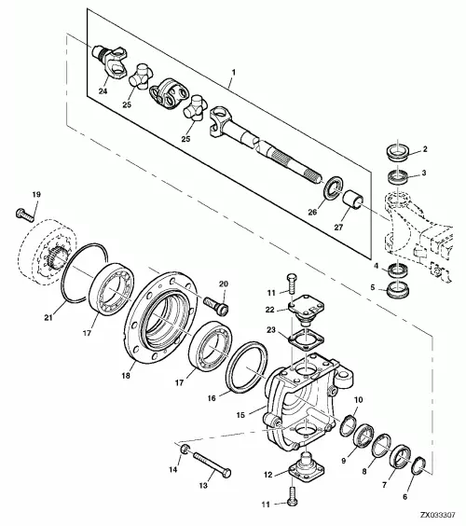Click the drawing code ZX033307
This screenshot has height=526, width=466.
(438, 515)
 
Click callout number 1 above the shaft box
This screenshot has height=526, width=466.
(234, 72)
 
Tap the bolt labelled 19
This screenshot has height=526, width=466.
(25, 215)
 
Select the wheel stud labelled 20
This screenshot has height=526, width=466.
(216, 305)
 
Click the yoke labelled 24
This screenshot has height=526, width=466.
(110, 61)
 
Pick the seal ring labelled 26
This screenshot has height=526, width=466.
(333, 189)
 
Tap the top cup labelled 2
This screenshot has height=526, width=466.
(397, 151)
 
